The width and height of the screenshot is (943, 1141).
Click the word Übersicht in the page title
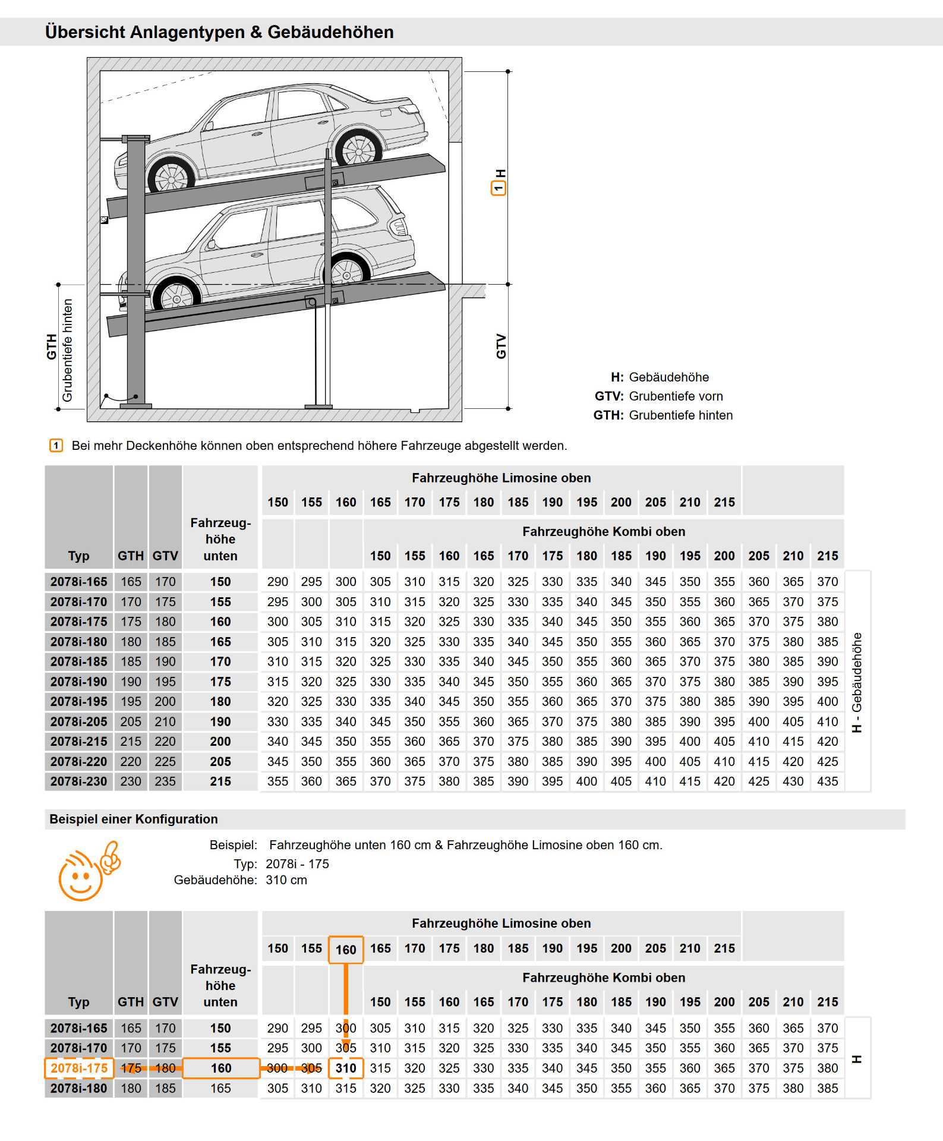pyautogui.click(x=83, y=32)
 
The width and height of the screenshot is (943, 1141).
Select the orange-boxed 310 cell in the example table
pyautogui.click(x=346, y=1068)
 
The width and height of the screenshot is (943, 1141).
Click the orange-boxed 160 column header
pyautogui.click(x=346, y=950)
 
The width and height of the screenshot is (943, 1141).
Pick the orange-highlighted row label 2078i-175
pyautogui.click(x=79, y=1068)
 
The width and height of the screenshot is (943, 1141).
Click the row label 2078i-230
pyautogui.click(x=79, y=781)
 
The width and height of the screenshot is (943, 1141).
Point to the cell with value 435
pyautogui.click(x=827, y=781)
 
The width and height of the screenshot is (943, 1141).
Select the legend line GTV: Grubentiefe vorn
pyautogui.click(x=658, y=396)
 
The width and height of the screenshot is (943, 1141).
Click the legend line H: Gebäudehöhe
pyautogui.click(x=660, y=377)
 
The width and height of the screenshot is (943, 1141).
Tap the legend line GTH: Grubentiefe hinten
pyautogui.click(x=663, y=415)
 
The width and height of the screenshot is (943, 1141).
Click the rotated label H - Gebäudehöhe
pyautogui.click(x=857, y=682)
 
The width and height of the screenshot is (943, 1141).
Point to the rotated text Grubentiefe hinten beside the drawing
pyautogui.click(x=67, y=350)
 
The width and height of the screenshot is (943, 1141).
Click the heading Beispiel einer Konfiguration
pyautogui.click(x=134, y=819)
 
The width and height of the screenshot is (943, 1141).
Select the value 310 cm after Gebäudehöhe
pyautogui.click(x=286, y=880)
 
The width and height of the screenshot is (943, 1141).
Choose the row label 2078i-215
pyautogui.click(x=79, y=742)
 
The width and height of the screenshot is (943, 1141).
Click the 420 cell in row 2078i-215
pyautogui.click(x=827, y=742)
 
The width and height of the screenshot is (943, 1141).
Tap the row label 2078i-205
pyautogui.click(x=79, y=721)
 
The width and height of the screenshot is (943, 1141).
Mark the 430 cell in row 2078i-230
pyautogui.click(x=793, y=781)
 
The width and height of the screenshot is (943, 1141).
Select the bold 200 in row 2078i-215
pyautogui.click(x=220, y=742)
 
